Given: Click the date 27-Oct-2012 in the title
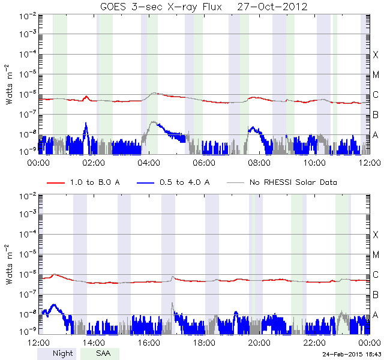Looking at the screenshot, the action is click(272, 7).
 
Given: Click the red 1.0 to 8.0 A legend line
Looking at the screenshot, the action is click(56, 182).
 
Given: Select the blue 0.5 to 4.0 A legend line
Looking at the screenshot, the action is click(145, 182).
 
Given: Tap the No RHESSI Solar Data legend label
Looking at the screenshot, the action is click(293, 182).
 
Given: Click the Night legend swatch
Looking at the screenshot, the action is click(56, 354).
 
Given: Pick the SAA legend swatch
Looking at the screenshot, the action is click(100, 354).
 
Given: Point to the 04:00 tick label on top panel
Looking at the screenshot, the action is click(149, 163).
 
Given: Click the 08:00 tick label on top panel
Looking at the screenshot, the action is click(259, 163).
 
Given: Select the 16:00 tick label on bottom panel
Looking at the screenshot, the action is click(149, 343).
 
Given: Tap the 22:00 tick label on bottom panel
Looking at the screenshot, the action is click(314, 343).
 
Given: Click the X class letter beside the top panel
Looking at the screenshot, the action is click(376, 55).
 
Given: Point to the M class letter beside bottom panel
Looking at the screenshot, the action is click(376, 254).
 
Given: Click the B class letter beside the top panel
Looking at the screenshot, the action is click(376, 115).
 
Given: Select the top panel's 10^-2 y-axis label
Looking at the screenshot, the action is click(28, 17).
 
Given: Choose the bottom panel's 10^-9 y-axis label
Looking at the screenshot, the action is click(28, 331).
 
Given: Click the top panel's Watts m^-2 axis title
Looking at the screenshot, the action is click(10, 85).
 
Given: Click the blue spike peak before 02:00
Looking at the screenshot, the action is click(86, 122).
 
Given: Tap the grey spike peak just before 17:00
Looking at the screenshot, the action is click(172, 303).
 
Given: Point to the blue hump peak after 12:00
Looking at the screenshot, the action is click(53, 305).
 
